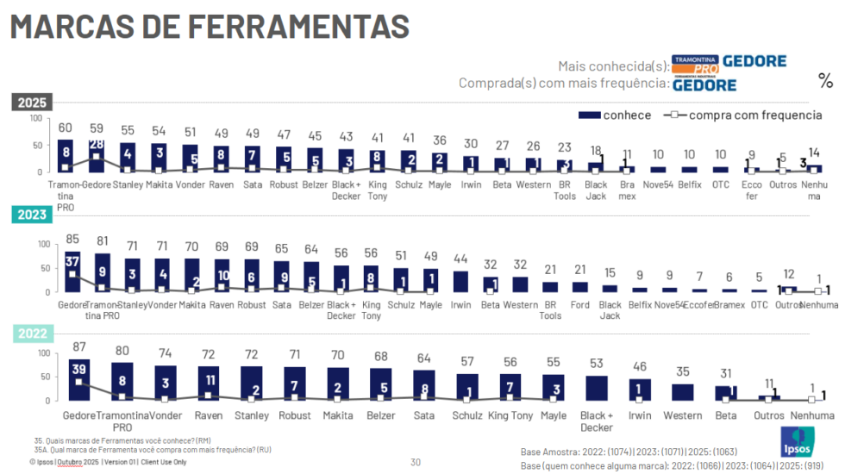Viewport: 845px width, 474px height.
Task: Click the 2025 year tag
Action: pyautogui.click(x=32, y=103)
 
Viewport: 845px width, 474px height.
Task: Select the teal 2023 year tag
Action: pyautogui.click(x=32, y=215)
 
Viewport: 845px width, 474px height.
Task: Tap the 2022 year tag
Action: pyautogui.click(x=32, y=334)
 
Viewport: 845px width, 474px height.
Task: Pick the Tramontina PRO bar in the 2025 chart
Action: pyautogui.click(x=66, y=156)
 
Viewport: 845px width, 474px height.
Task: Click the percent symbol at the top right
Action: pyautogui.click(x=825, y=82)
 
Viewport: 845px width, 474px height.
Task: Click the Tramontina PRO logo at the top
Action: pyautogui.click(x=695, y=63)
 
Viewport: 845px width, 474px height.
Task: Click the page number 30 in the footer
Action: pyautogui.click(x=415, y=462)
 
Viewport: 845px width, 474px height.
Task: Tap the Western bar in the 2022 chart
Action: pyautogui.click(x=682, y=391)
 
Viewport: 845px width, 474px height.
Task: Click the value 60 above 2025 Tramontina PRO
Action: pyautogui.click(x=66, y=128)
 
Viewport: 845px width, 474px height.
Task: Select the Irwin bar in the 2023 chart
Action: pyautogui.click(x=461, y=281)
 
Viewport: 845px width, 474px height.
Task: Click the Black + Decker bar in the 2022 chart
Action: pyautogui.click(x=597, y=388)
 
